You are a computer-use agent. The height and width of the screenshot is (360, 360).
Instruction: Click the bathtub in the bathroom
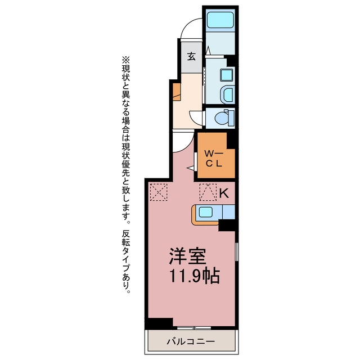coord(220,20)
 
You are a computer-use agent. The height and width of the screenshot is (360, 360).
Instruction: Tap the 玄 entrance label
coord(191,56)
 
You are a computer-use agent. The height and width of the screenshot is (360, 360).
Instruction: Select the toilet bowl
coord(222,118)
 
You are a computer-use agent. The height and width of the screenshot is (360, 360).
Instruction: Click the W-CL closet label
coord(214,158)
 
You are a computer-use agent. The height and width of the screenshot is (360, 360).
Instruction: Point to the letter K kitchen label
coord(224,193)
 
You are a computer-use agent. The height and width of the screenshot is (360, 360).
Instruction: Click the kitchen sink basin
coord(205,212)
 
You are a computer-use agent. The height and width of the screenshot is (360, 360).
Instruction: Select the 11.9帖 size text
coord(195,275)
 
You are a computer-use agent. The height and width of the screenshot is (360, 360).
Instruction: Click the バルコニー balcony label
coord(191,342)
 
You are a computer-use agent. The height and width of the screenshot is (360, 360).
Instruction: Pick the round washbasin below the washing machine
coord(227,94)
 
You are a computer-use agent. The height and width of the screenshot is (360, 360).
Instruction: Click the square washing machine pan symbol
coord(226,75)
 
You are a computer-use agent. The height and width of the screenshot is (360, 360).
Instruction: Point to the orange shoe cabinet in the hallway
coord(177,92)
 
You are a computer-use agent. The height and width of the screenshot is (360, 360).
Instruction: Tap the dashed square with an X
coord(159,192)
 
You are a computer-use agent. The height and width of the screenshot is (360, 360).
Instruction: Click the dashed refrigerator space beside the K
coord(208,192)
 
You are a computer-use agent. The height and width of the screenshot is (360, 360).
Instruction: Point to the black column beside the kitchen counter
coord(227,225)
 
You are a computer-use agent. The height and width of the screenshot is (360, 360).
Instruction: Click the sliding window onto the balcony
coord(194,328)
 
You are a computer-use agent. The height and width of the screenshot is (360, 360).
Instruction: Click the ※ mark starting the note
coord(126,60)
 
